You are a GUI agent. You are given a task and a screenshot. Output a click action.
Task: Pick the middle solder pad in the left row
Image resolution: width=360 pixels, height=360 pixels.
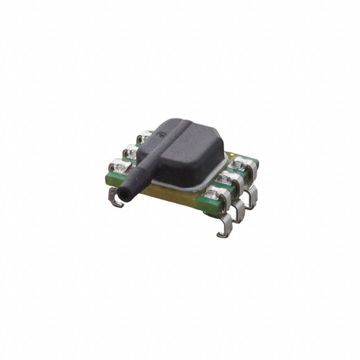(130, 151)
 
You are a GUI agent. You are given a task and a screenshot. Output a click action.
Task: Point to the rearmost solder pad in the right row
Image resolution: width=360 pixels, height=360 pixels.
(242, 163)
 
